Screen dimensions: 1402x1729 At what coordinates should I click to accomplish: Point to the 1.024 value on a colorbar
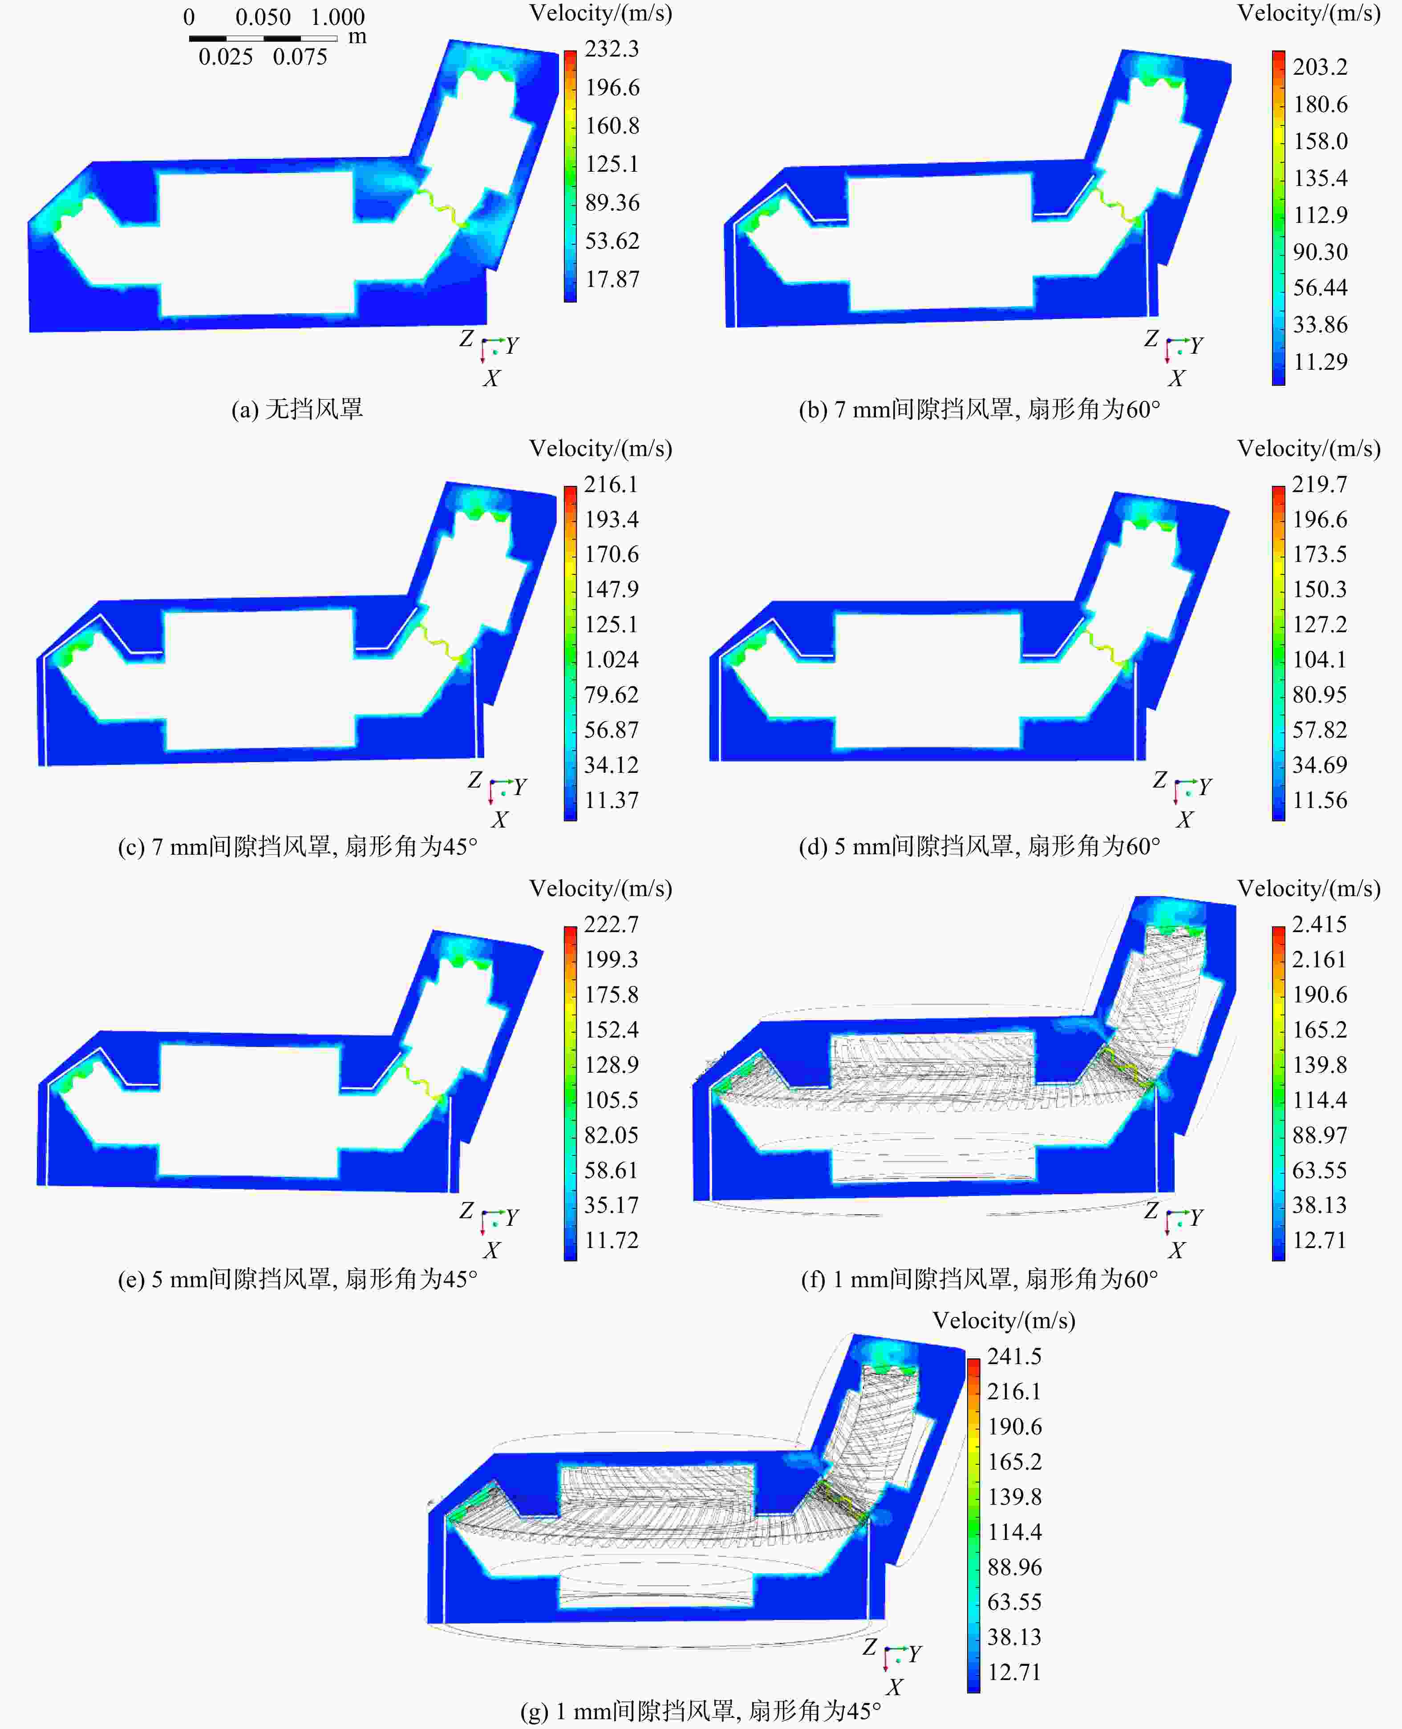click(x=612, y=659)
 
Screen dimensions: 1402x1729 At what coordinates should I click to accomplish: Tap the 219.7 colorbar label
click(x=1320, y=485)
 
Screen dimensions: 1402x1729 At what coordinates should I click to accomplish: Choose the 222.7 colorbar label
click(x=612, y=924)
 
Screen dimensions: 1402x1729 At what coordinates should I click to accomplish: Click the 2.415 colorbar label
click(x=1320, y=924)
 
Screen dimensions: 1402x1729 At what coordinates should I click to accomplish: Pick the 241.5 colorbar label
click(x=1014, y=1356)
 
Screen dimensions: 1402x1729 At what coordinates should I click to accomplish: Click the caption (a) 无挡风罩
click(x=297, y=409)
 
